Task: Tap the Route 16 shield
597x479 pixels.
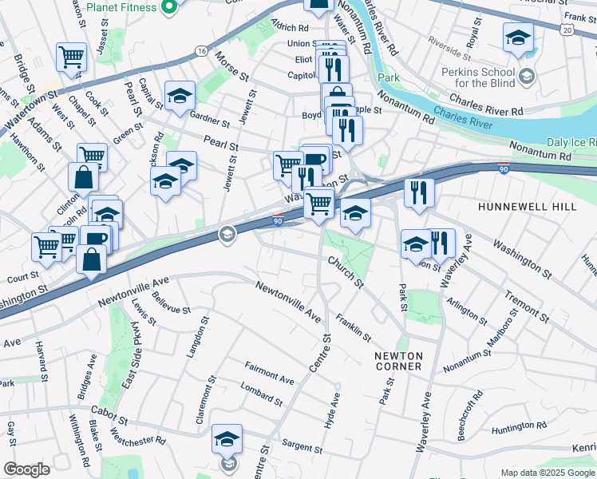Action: (200, 51)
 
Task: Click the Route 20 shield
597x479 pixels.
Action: (567, 29)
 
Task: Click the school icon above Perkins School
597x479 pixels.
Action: (518, 37)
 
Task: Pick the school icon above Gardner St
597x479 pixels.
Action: (180, 95)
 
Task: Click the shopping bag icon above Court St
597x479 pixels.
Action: (93, 259)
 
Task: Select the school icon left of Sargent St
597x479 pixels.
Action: (227, 438)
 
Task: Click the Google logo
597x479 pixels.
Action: (26, 469)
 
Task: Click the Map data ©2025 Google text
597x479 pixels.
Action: (548, 473)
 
